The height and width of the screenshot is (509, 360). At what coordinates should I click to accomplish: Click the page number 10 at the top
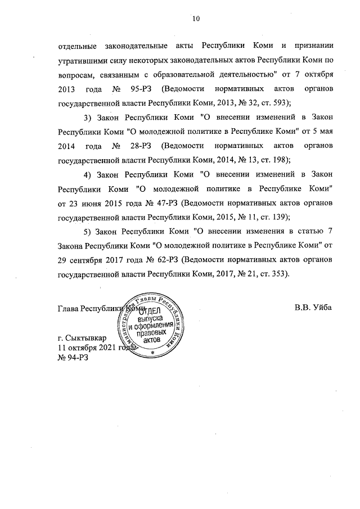click(196, 18)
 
